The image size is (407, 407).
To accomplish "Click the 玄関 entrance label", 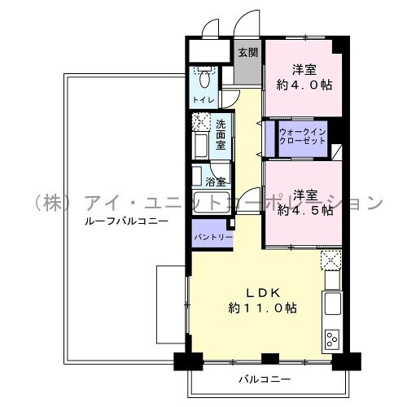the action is (x=248, y=52).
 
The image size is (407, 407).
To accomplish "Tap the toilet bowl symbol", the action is (x=204, y=79).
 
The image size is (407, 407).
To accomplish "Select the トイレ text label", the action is (x=203, y=100).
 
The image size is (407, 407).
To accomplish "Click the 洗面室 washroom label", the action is (x=221, y=134).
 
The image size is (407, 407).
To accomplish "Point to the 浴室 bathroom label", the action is (x=216, y=182).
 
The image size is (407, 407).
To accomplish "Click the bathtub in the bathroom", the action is (x=212, y=202).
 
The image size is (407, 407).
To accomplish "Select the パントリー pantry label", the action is (x=213, y=238).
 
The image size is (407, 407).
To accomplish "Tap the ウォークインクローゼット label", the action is (x=303, y=137).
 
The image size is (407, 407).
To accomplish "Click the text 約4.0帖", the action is (x=304, y=85).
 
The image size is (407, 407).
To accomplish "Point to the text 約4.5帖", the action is (x=305, y=210).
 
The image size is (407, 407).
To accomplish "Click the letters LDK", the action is (x=263, y=293).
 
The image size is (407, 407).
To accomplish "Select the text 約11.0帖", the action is (x=262, y=308).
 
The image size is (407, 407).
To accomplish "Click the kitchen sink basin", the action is (x=333, y=304).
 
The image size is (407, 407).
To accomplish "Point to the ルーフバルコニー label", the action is (x=126, y=221).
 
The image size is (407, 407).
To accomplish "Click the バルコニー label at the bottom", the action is (x=265, y=379).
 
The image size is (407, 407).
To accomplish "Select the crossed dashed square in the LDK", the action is (x=330, y=260).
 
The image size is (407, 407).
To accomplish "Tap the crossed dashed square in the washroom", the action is (x=201, y=121).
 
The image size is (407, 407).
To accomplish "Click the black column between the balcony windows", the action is (x=270, y=359).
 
